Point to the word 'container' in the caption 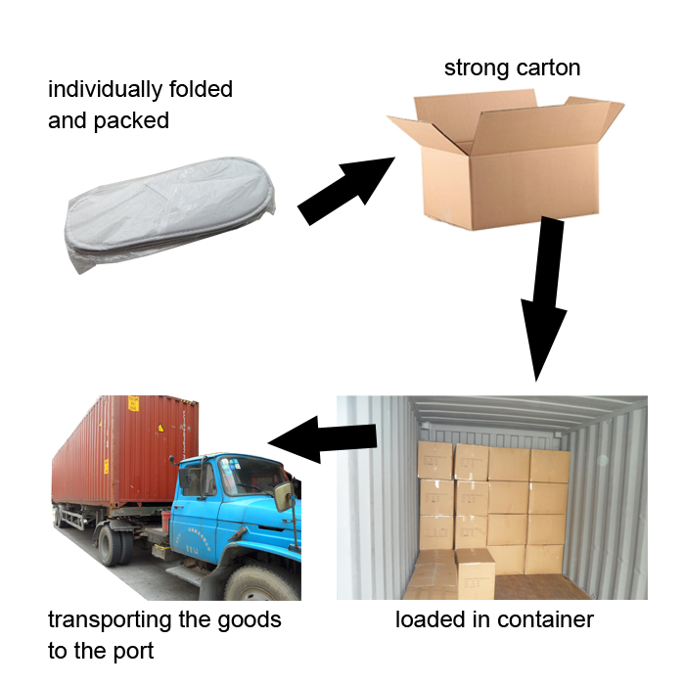point(546,619)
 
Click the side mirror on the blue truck point(283,496)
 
